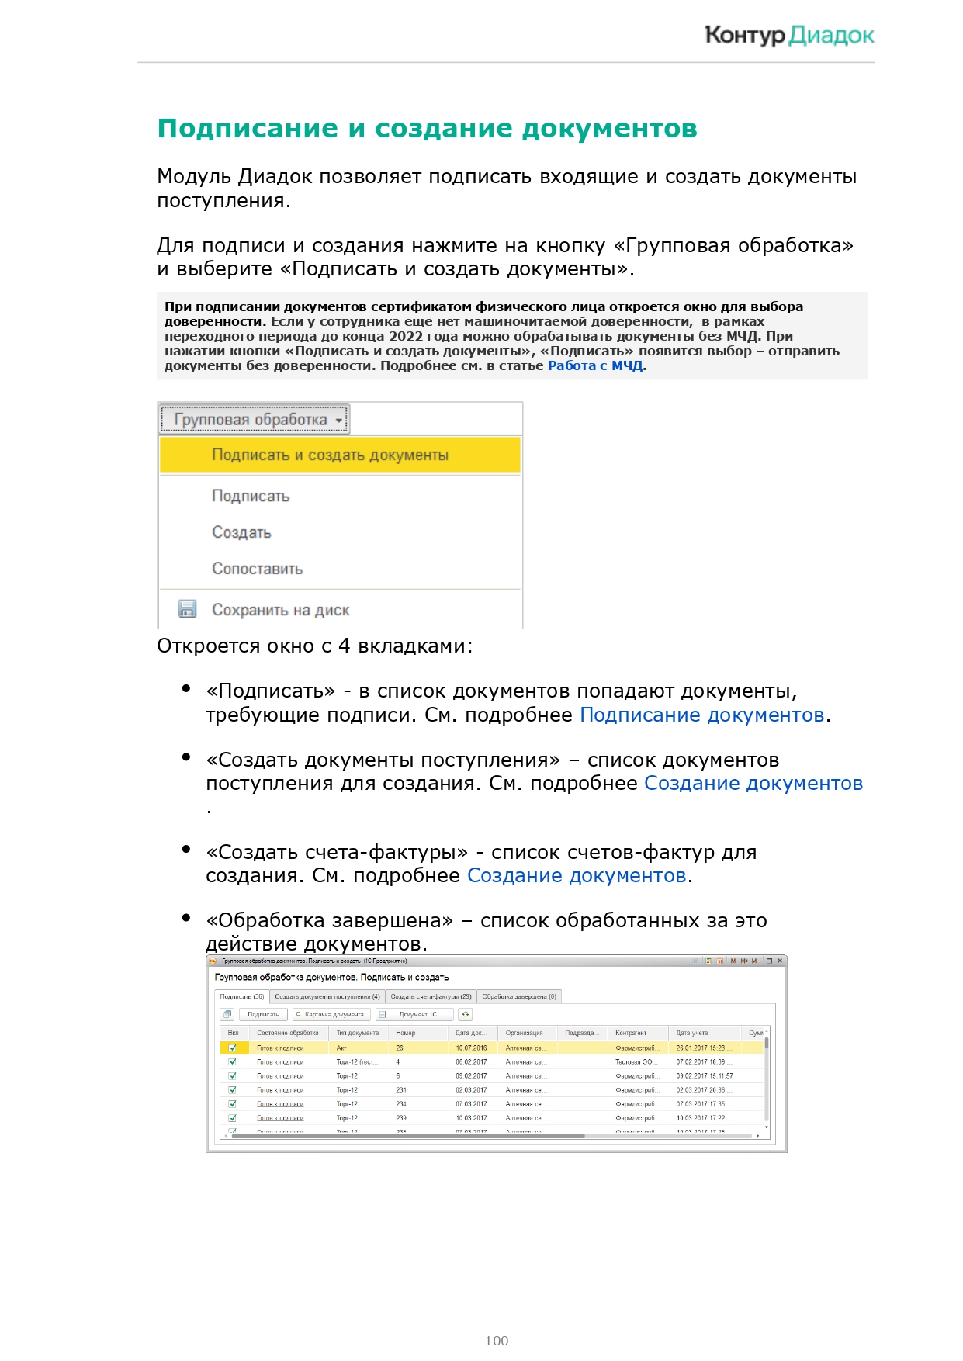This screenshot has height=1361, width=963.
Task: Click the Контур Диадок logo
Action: [x=788, y=36]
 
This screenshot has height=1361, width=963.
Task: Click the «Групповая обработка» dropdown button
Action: [x=255, y=420]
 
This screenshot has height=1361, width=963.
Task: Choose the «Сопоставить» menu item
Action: [x=257, y=569]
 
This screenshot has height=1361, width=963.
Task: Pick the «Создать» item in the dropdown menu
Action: [x=241, y=532]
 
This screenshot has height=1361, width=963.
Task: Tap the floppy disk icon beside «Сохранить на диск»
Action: [x=187, y=609]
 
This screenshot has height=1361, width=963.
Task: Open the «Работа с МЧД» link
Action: [x=595, y=365]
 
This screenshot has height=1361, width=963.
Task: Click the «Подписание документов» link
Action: [x=701, y=715]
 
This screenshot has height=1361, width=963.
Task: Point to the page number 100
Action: [x=496, y=1341]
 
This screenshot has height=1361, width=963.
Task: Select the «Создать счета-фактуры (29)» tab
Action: [x=431, y=996]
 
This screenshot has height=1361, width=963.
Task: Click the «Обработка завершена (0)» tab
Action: [x=519, y=996]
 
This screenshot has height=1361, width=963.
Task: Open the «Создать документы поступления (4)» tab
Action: [x=327, y=996]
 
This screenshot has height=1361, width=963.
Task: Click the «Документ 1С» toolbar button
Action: [x=416, y=1014]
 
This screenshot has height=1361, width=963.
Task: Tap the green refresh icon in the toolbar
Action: [x=465, y=1014]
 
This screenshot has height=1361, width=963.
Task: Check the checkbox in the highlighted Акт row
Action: [x=232, y=1048]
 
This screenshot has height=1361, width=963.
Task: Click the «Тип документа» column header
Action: [x=358, y=1033]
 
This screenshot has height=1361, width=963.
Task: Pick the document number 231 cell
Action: [x=401, y=1090]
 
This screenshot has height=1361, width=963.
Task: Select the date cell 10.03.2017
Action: [x=471, y=1118]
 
